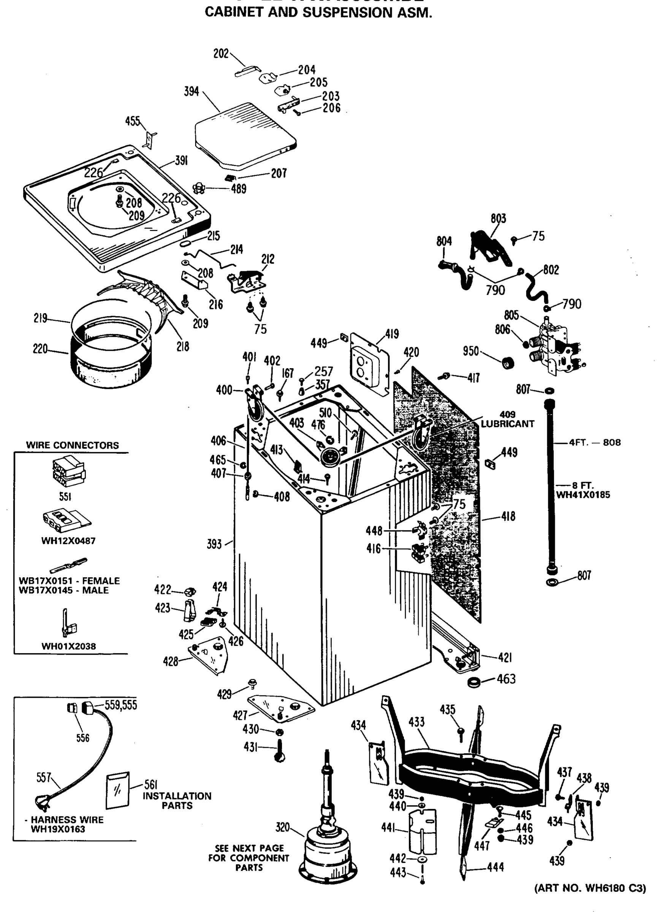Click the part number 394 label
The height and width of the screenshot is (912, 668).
pos(191,92)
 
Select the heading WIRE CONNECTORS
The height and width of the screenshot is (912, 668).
pos(72,445)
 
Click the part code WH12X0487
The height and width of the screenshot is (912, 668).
pos(68,541)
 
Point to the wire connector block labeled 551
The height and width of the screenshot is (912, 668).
pos(69,472)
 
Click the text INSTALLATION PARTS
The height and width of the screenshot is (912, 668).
pos(177,800)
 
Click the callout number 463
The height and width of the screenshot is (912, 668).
pos(506,679)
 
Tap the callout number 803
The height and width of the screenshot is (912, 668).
pos(498,219)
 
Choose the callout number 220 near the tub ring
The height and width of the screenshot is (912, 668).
pos(40,348)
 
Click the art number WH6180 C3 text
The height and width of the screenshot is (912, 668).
pos(590,888)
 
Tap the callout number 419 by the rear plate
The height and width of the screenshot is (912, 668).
pos(391,334)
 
